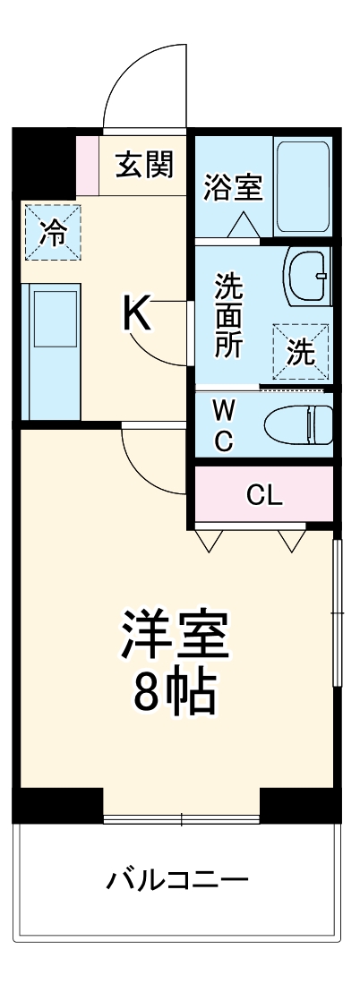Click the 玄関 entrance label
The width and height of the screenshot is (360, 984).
[x=144, y=166]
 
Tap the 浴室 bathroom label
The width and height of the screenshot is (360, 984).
[x=233, y=188]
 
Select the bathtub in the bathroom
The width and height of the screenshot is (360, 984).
[x=303, y=187]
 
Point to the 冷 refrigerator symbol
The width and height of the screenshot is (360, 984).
[x=54, y=233]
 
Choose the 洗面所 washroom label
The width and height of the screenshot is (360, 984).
[x=228, y=316]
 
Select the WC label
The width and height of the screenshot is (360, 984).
[x=223, y=425]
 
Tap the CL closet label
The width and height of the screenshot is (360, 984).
[x=265, y=494]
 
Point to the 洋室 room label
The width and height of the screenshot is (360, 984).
[x=176, y=634]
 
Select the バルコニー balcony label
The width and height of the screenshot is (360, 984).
[x=177, y=879]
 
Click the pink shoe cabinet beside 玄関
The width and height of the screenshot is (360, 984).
[x=87, y=165]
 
